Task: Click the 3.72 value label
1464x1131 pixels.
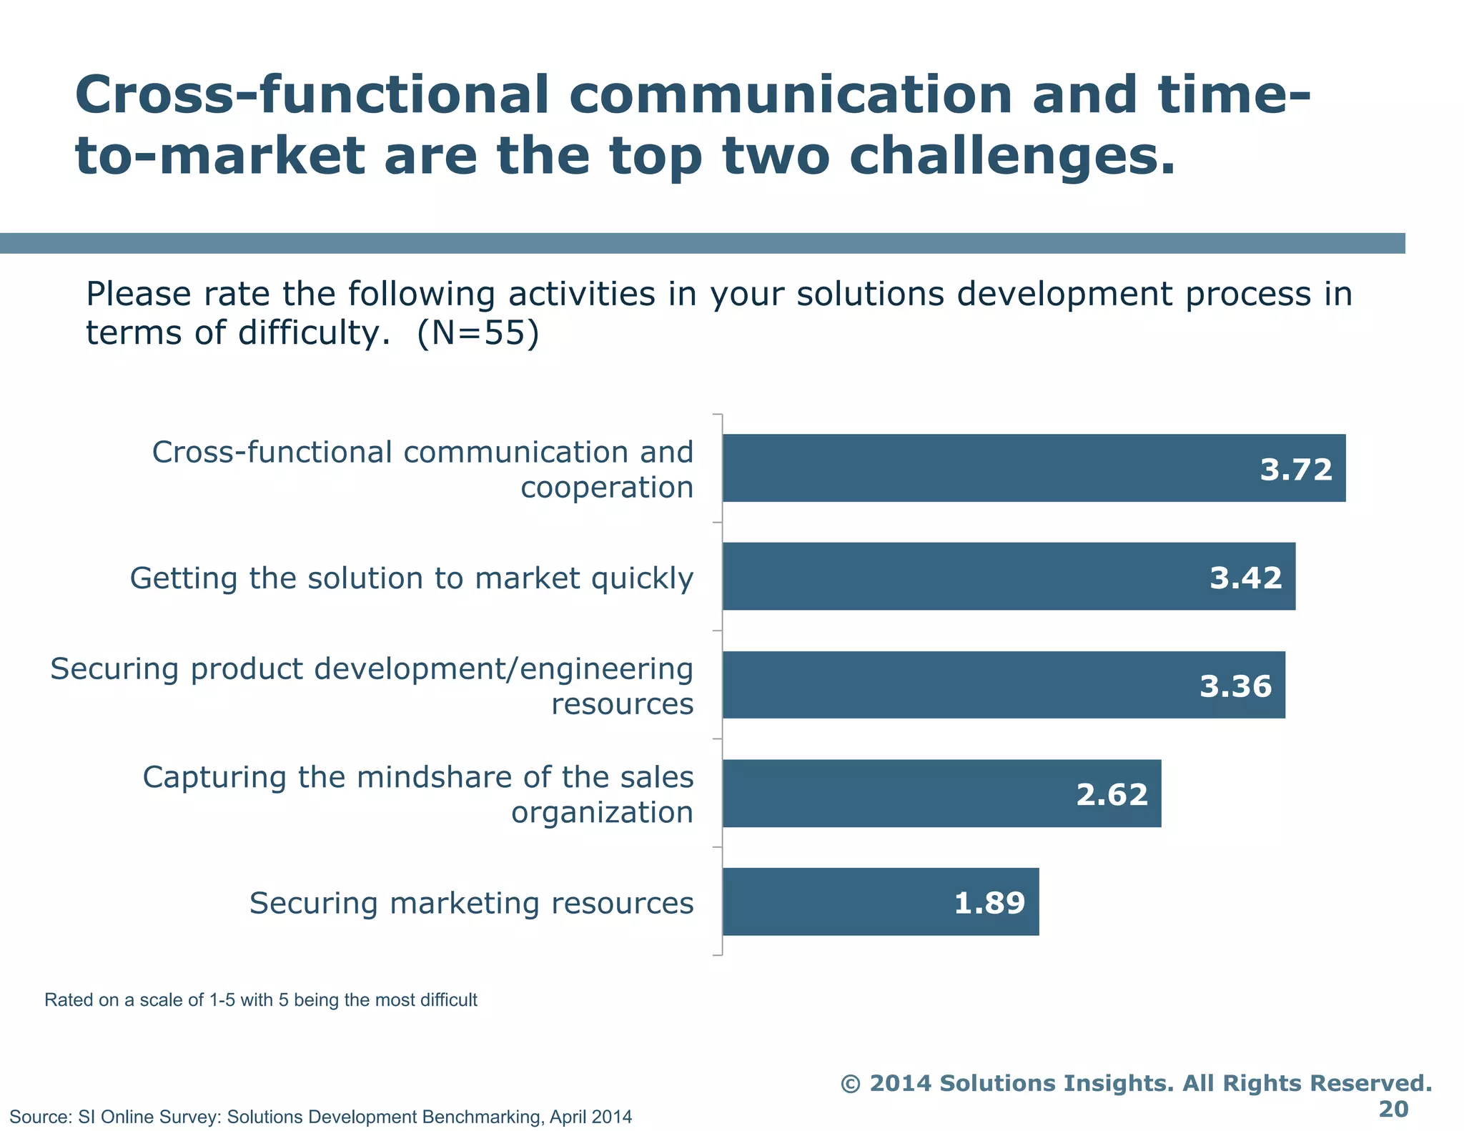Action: [x=1295, y=470]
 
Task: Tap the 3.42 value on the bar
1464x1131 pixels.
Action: [x=1245, y=578]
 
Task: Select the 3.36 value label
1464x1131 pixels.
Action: [x=1235, y=686]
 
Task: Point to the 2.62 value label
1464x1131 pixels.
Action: [x=1112, y=794]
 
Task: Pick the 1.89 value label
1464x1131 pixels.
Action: [x=989, y=903]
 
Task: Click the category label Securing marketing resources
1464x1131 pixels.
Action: [x=471, y=903]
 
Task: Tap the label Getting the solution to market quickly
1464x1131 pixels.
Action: [x=411, y=578]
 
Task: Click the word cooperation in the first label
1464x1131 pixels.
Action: [x=607, y=488]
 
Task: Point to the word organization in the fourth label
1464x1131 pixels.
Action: [x=602, y=813]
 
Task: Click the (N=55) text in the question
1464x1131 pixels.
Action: [x=478, y=333]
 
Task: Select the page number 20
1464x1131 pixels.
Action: [x=1393, y=1109]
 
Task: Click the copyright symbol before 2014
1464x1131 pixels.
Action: [x=850, y=1083]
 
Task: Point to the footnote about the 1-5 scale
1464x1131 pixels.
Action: [x=260, y=999]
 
